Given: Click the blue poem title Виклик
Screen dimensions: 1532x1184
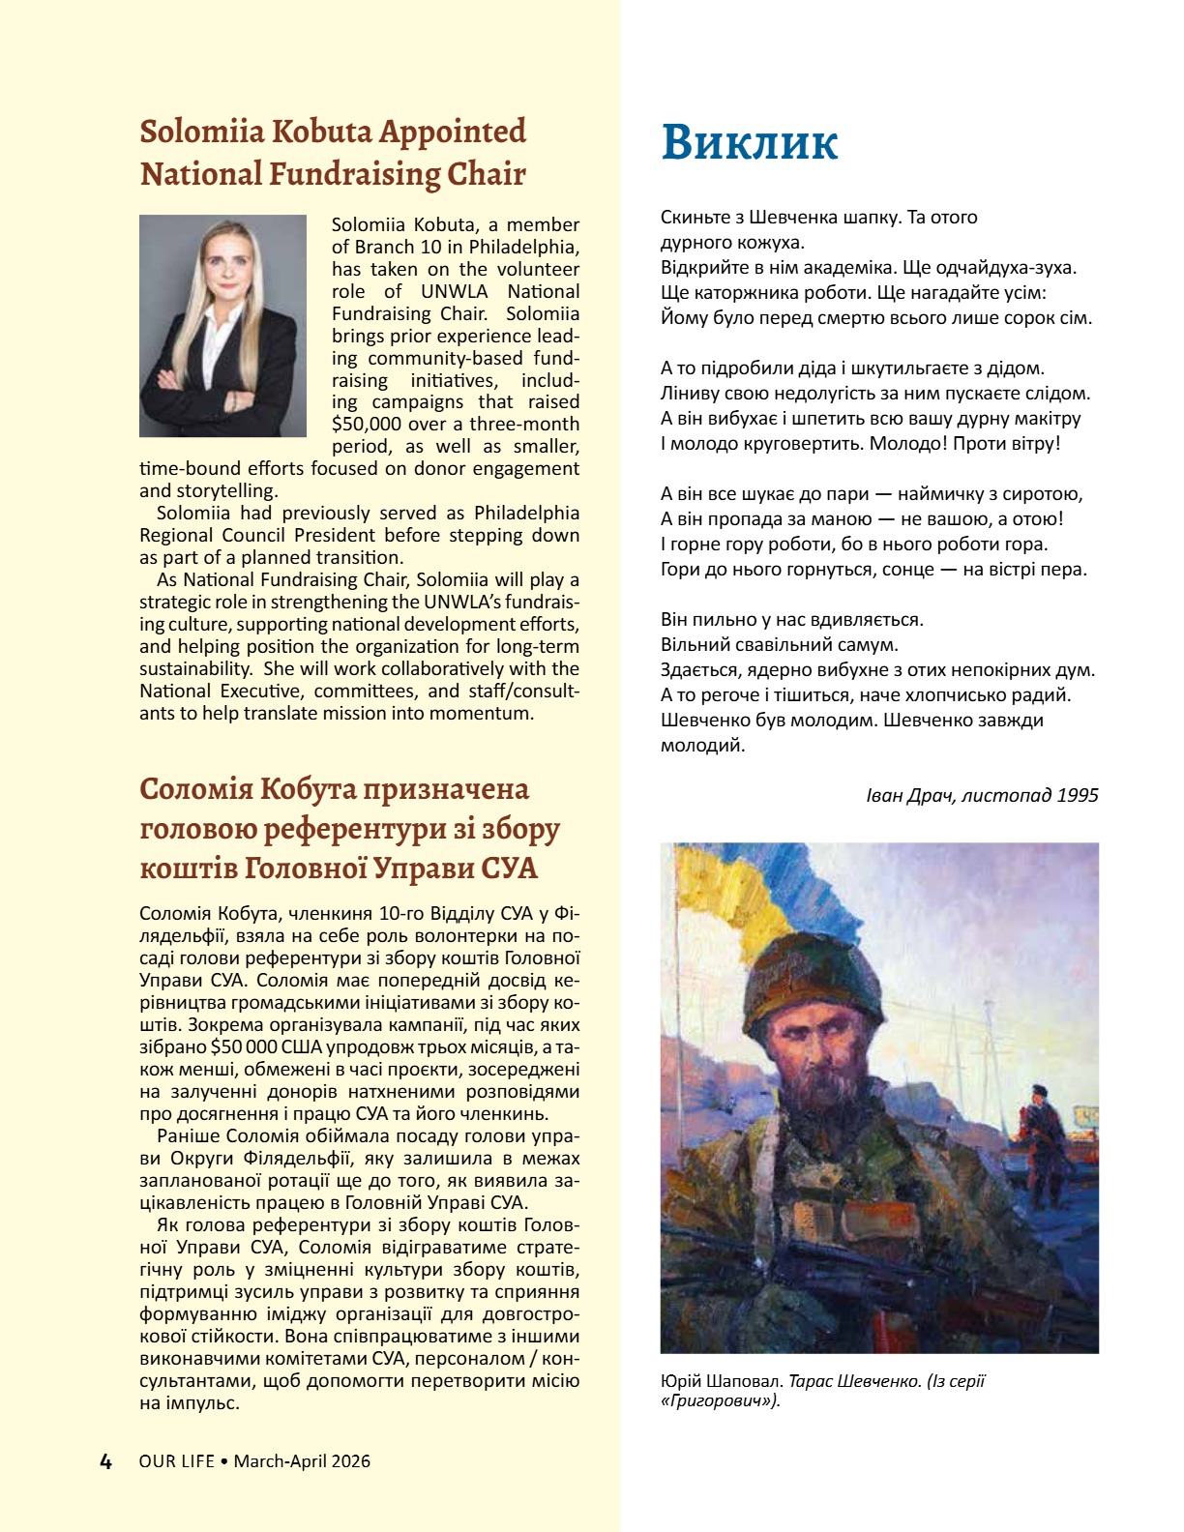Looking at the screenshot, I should click(x=750, y=142).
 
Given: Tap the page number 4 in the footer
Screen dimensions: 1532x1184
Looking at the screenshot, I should click(x=106, y=1461).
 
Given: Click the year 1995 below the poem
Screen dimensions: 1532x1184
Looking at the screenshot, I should click(x=1078, y=795).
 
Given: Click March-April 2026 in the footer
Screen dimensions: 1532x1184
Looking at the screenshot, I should click(x=302, y=1461).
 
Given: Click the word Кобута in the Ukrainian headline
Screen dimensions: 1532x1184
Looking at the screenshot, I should click(x=308, y=789).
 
